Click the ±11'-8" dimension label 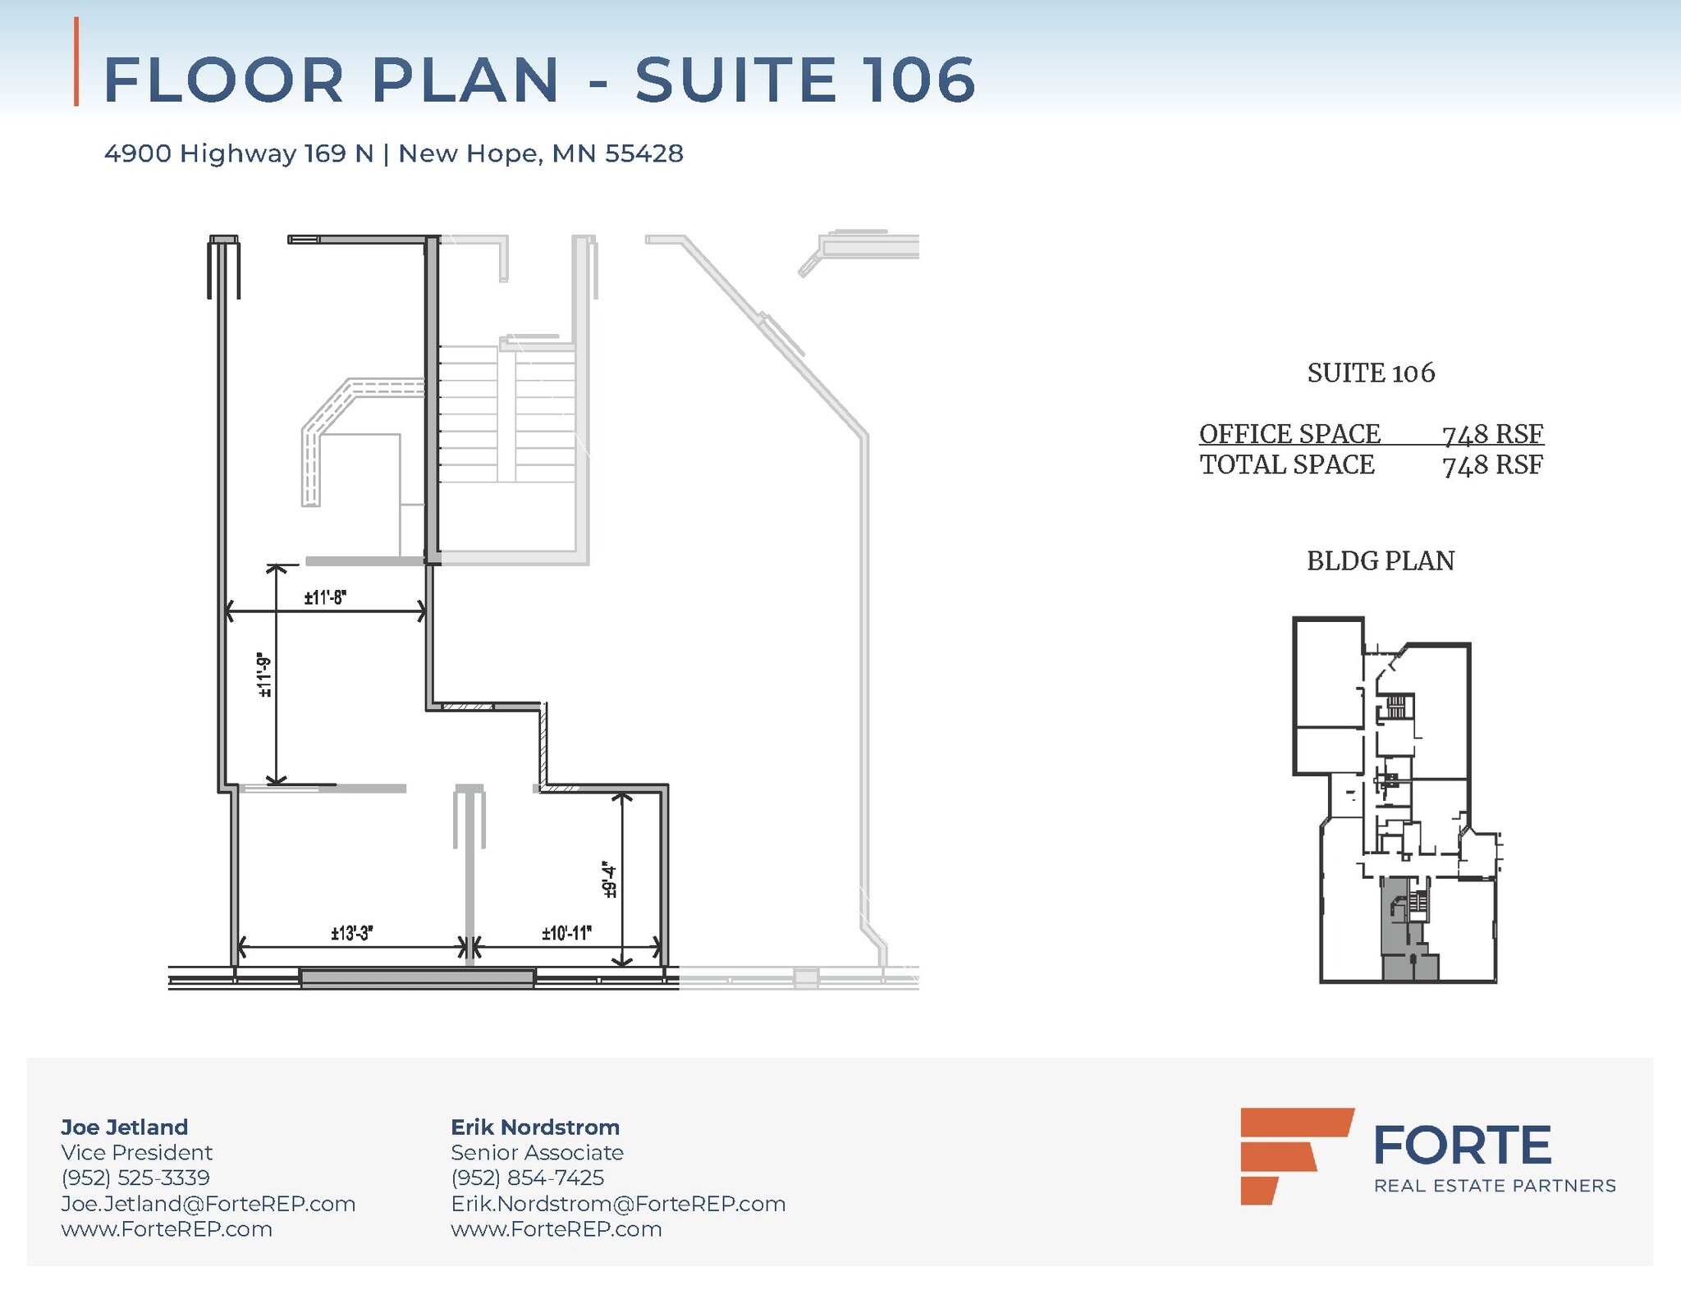tap(325, 597)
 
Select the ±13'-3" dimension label tap(352, 933)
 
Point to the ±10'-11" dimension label tap(566, 933)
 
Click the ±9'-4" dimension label tap(609, 879)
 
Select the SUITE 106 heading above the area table tap(1371, 373)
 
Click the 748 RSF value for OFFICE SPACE tap(1492, 433)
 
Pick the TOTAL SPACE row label tap(1286, 464)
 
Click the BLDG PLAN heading tap(1380, 561)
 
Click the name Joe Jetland tap(125, 1127)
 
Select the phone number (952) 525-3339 tap(135, 1178)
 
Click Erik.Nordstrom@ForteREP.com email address tap(618, 1204)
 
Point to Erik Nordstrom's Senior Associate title tap(537, 1152)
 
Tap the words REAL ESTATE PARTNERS tap(1494, 1186)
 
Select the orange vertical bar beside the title tap(76, 62)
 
